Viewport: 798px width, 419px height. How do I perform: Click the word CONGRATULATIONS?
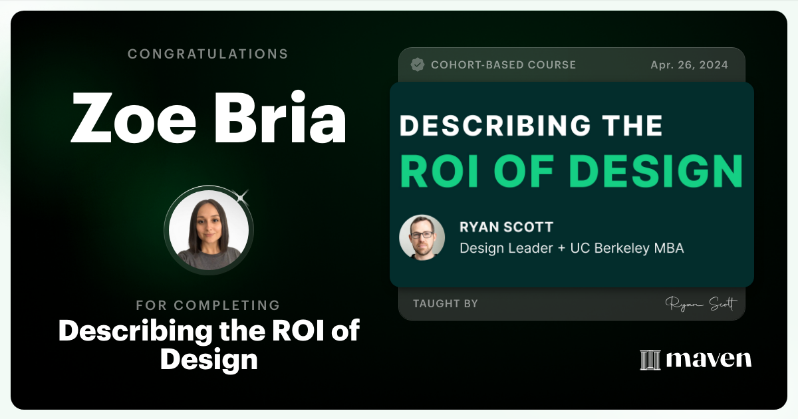pos(208,54)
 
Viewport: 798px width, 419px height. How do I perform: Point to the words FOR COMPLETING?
pos(208,305)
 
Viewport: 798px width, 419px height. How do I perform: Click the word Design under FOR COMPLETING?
pos(208,359)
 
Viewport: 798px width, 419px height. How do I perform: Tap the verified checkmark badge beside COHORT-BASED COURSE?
pos(418,65)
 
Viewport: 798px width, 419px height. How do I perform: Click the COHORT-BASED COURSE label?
pos(503,65)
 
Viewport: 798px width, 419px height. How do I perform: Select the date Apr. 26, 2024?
pos(689,65)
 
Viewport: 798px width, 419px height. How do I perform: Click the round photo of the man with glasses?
pos(422,237)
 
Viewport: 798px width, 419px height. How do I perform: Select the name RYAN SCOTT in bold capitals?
pos(506,227)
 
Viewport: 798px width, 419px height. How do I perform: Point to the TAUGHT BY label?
pos(445,304)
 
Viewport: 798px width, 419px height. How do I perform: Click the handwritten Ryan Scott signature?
pos(701,304)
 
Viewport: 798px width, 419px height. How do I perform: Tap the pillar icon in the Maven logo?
pos(649,359)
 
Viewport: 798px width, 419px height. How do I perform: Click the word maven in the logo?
pos(708,359)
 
